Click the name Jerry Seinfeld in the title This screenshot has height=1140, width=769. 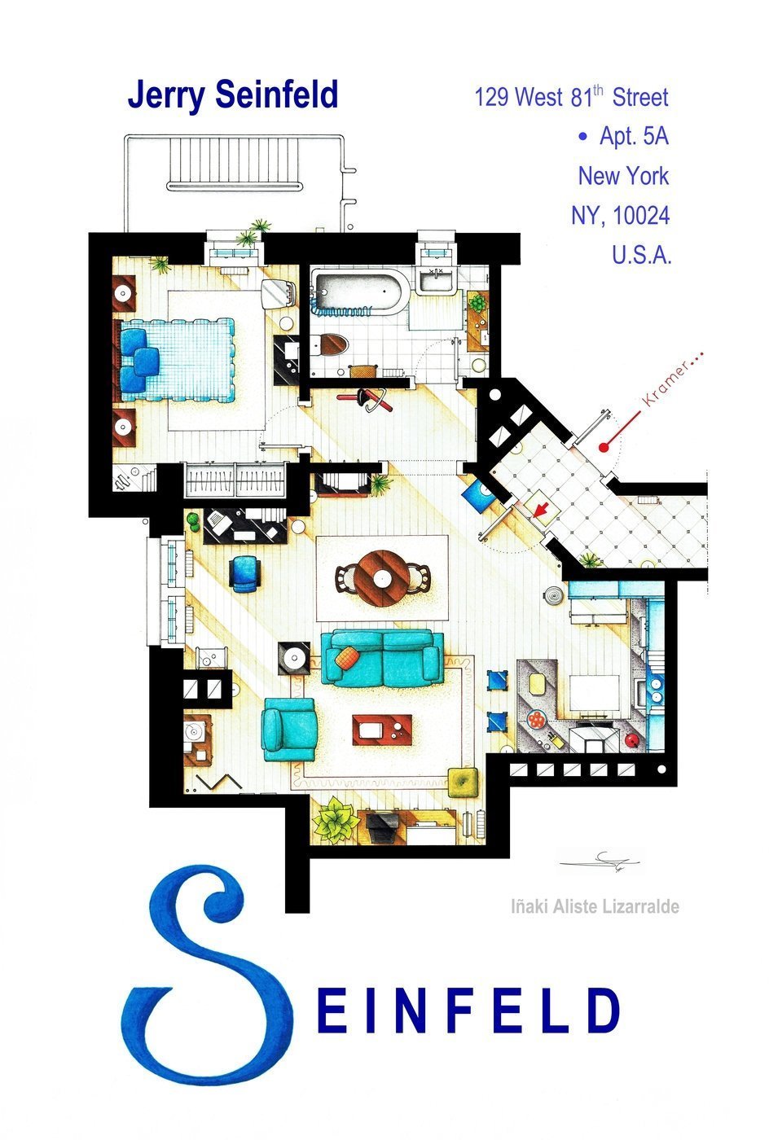(232, 95)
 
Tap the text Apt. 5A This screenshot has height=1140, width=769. (633, 136)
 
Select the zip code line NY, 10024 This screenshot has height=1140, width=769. (620, 216)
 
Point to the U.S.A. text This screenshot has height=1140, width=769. (641, 255)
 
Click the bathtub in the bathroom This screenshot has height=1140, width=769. (356, 294)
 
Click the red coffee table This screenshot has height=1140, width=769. (381, 729)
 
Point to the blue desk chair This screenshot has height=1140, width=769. (244, 572)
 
